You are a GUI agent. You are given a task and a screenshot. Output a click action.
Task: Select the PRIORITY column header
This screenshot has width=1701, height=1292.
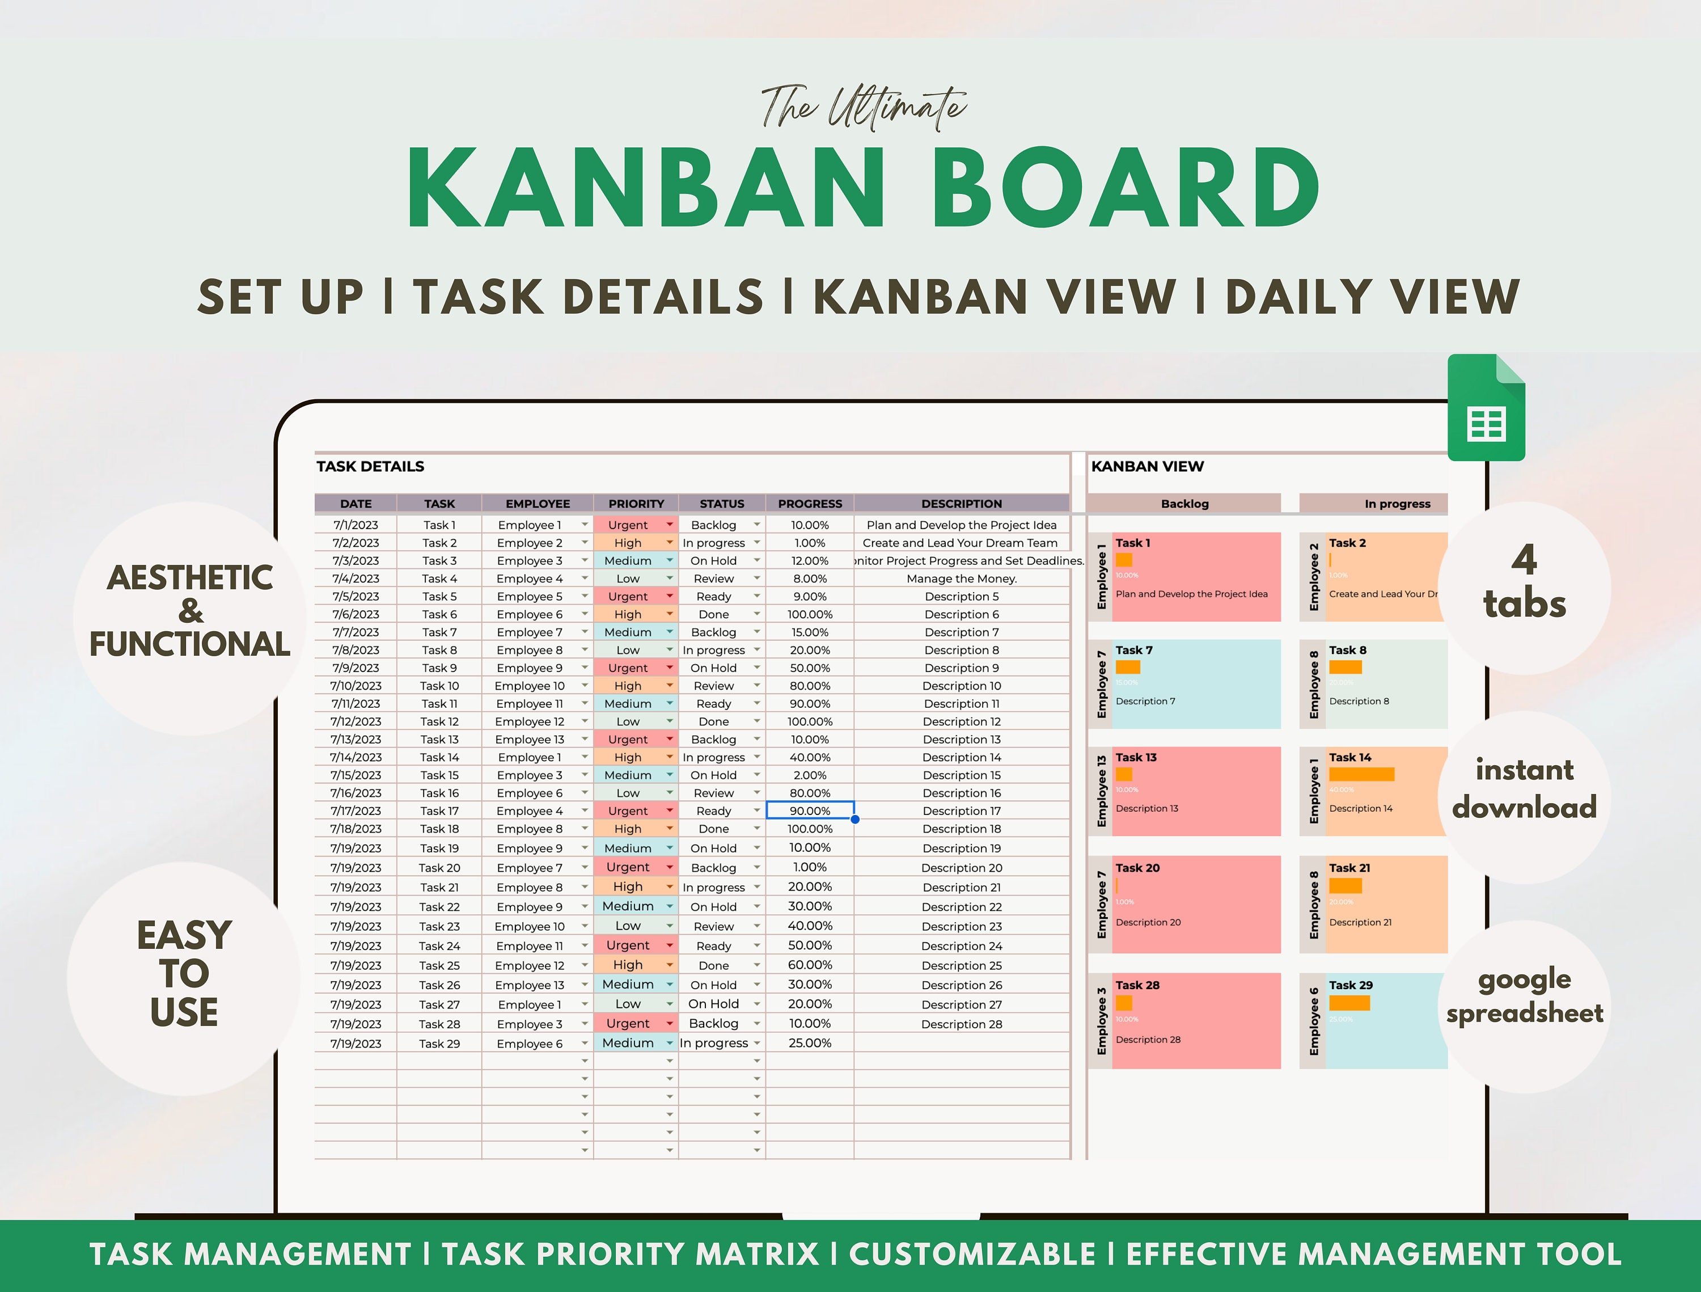636,504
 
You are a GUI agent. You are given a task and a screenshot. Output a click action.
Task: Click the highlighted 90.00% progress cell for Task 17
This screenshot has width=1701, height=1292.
810,810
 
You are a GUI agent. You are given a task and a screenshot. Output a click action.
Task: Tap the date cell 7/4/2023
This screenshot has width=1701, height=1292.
356,579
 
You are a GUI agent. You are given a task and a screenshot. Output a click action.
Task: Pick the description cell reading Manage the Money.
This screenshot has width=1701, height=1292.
961,579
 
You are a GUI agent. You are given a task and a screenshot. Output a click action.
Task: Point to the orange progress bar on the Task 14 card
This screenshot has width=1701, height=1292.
1361,774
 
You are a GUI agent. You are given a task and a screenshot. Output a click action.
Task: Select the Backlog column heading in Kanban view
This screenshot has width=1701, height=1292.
1184,504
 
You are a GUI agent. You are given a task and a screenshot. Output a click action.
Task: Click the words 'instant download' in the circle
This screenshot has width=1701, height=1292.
1524,788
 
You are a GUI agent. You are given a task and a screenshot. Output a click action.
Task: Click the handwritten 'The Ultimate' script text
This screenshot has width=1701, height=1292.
863,108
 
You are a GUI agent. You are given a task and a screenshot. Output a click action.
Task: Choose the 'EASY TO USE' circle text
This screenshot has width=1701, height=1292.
184,973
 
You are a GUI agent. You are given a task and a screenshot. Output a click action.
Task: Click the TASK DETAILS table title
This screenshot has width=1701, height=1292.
370,466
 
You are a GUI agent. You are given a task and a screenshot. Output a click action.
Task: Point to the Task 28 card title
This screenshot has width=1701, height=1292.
1137,985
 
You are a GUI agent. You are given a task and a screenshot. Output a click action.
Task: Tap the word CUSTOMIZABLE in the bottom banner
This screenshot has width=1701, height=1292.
972,1255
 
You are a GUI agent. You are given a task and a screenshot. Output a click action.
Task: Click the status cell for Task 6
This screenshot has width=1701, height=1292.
714,614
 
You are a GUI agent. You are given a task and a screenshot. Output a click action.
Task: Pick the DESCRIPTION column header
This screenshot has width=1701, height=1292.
961,504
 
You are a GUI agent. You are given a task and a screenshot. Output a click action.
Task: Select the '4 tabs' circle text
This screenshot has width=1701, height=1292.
1524,582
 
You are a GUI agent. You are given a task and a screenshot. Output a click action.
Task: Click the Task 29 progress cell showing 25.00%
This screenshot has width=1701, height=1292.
810,1043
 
